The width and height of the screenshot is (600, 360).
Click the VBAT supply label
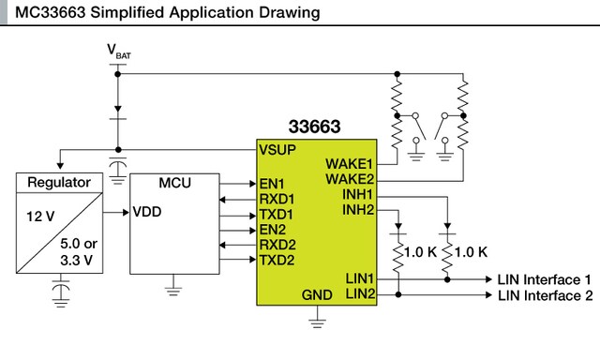pos(119,52)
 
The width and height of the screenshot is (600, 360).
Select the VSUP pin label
pos(277,150)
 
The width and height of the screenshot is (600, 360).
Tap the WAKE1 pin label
pos(349,164)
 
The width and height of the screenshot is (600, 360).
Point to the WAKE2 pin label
pos(350,179)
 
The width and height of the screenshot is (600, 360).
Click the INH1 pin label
pos(357,194)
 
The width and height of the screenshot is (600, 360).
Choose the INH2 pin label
pos(358,210)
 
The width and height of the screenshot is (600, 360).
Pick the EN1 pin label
pos(272,184)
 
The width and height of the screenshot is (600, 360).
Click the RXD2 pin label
pos(277,245)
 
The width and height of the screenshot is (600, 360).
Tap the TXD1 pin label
pos(277,215)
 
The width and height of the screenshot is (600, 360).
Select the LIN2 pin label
pos(360,293)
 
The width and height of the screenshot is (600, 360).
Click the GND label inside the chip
pos(317,295)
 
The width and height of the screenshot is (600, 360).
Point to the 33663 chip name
pos(315,127)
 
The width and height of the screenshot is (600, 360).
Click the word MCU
pos(175,183)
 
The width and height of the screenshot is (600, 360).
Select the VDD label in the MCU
pos(147,212)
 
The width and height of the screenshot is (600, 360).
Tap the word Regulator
pos(59,183)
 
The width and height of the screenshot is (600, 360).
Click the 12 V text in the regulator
pos(40,217)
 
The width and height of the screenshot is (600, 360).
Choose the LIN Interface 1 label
pos(544,279)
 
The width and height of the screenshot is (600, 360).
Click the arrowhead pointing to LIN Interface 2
pos(488,295)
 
